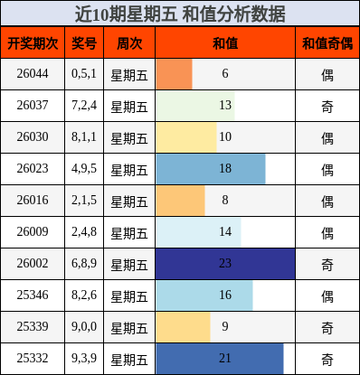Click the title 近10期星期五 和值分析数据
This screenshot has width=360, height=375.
[x=179, y=14]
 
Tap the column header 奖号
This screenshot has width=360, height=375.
[x=84, y=42]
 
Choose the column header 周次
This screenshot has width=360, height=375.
[x=129, y=42]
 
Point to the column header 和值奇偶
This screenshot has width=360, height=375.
[x=327, y=42]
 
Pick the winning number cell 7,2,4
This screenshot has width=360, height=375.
[x=84, y=106]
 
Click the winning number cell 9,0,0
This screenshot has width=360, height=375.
[x=84, y=327]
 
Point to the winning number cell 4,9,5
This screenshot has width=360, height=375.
[x=84, y=169]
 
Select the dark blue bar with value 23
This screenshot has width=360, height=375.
[x=225, y=264]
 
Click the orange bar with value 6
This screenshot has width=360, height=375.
[x=174, y=74]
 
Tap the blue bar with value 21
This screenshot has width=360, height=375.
[x=219, y=359]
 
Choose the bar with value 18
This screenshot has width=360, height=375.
[x=210, y=169]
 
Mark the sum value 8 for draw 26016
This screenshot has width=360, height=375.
[x=225, y=201]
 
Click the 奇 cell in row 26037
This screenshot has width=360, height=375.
[x=327, y=106]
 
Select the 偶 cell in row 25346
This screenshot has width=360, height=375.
[x=327, y=295]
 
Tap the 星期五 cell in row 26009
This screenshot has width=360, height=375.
[x=129, y=232]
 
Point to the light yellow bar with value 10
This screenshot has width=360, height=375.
[x=185, y=137]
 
